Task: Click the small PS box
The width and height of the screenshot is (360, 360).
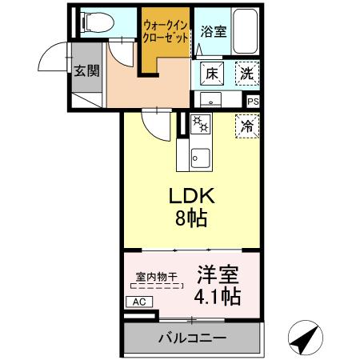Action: (x=253, y=102)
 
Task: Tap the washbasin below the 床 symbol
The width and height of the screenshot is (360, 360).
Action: (x=211, y=100)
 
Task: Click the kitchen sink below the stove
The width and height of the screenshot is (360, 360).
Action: (x=198, y=156)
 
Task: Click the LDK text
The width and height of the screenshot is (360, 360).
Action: (x=190, y=197)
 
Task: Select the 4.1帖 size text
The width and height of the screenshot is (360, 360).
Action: (x=218, y=298)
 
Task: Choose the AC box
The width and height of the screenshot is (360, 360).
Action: (x=138, y=302)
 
